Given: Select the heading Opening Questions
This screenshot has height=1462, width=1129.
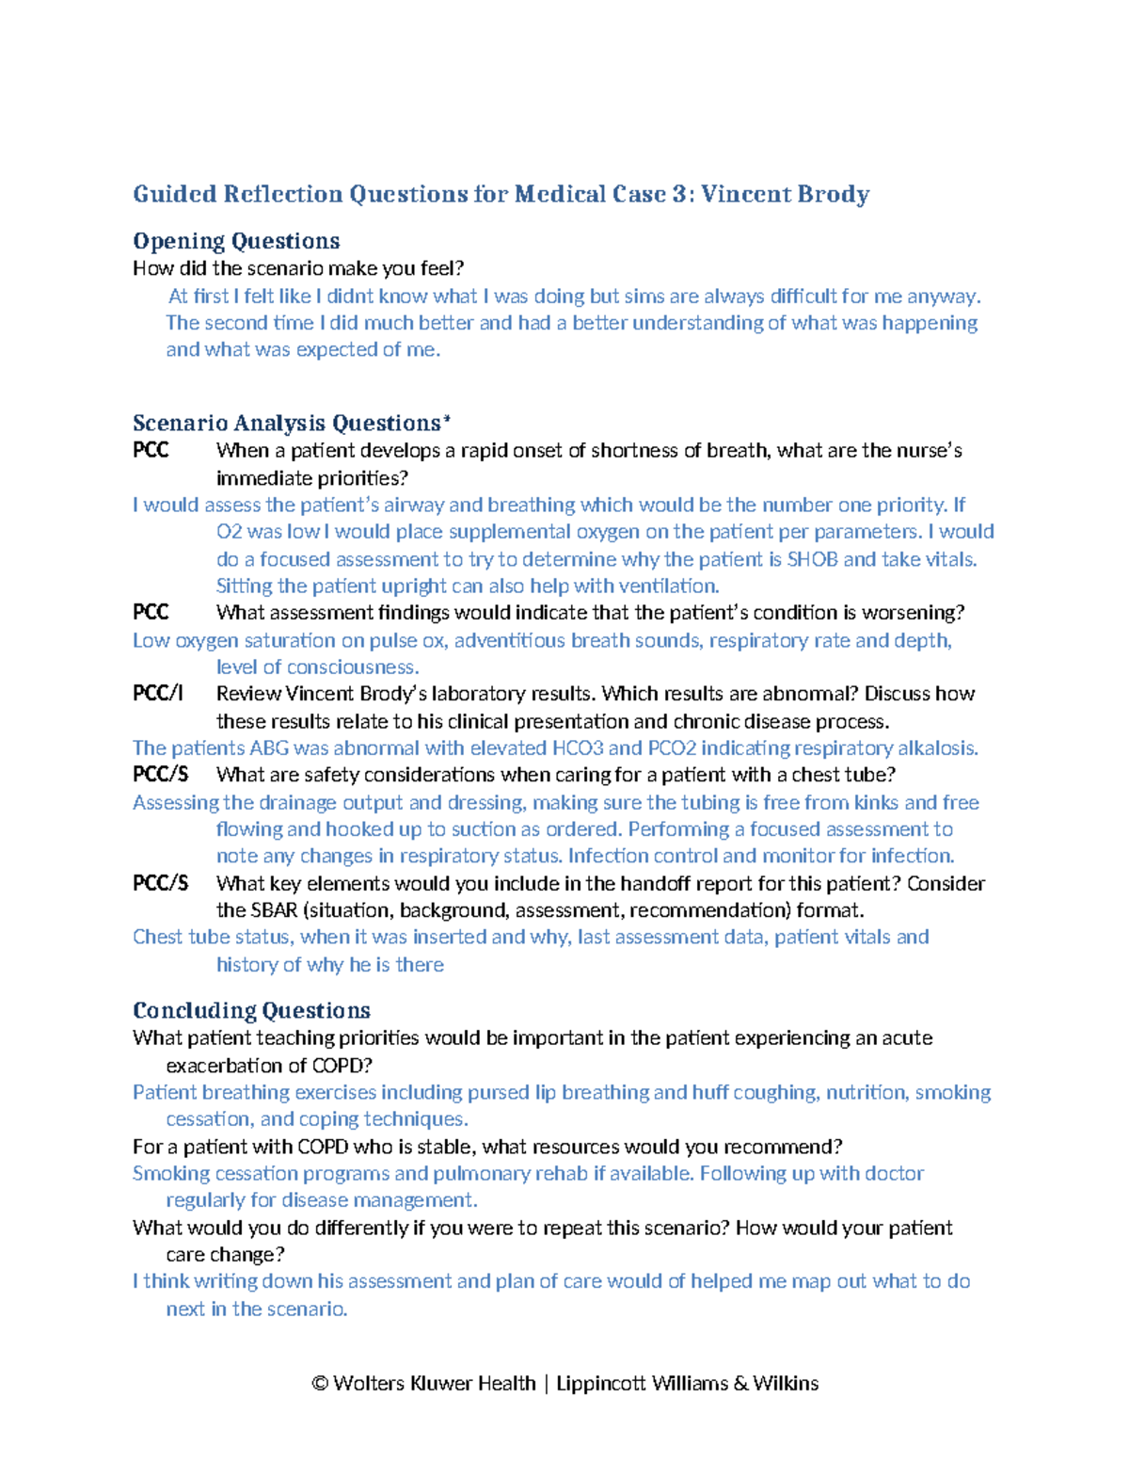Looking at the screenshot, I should pos(236,241).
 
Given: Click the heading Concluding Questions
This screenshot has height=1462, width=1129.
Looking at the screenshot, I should pos(251,1010).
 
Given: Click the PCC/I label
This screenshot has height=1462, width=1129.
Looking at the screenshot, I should pos(158,694).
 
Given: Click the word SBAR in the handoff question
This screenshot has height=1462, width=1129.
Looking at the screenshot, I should pos(275,910).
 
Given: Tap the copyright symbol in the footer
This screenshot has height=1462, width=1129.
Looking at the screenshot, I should pos(320,1383).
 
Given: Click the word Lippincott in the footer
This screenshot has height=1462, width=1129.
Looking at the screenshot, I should pos(600,1383).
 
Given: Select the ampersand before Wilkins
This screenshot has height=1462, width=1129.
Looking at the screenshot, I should pos(740,1383).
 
